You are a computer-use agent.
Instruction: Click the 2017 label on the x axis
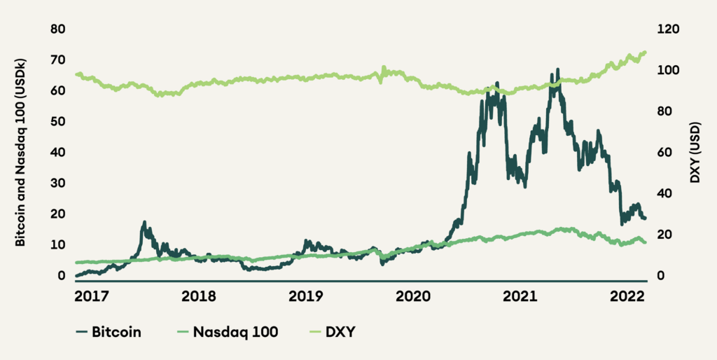pyautogui.click(x=92, y=296)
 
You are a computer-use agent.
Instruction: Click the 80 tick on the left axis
pyautogui.click(x=58, y=29)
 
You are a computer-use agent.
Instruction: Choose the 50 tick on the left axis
pyautogui.click(x=58, y=121)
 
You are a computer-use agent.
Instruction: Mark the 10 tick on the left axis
pyautogui.click(x=58, y=244)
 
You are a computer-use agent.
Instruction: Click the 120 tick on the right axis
pyautogui.click(x=667, y=29)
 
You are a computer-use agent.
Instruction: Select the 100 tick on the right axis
pyautogui.click(x=667, y=70)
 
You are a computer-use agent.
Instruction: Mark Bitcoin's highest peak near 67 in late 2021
pyautogui.click(x=557, y=69)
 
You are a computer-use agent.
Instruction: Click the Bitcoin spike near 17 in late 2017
pyautogui.click(x=144, y=222)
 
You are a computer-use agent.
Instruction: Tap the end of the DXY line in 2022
pyautogui.click(x=645, y=52)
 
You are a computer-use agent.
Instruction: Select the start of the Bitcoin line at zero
pyautogui.click(x=76, y=276)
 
